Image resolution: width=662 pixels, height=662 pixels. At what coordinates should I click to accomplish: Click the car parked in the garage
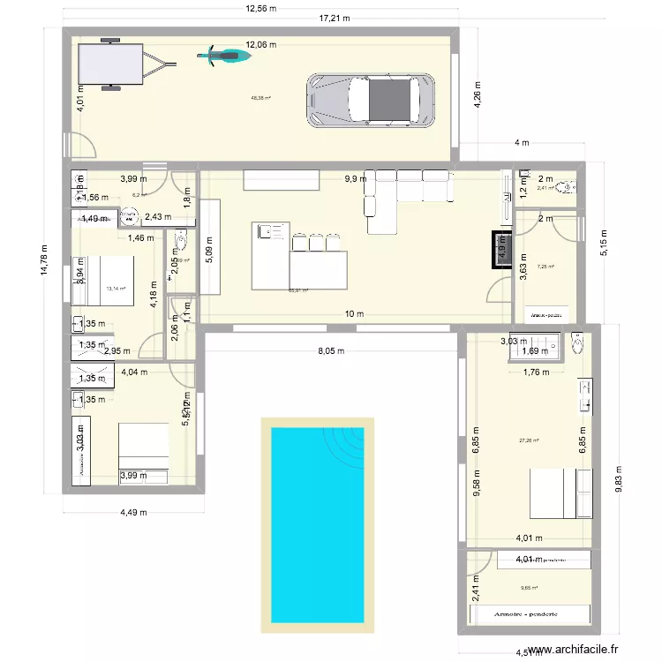pyautogui.click(x=371, y=99)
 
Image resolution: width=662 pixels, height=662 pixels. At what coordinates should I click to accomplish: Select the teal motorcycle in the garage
pyautogui.click(x=222, y=56)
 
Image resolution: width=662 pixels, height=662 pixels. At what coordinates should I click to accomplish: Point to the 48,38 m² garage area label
pyautogui.click(x=261, y=99)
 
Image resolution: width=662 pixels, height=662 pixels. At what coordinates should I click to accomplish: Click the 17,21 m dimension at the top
pyautogui.click(x=335, y=18)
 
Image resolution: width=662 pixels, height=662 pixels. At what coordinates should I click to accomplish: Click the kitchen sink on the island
pyautogui.click(x=266, y=232)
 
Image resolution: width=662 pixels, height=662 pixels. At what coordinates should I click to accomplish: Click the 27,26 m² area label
pyautogui.click(x=529, y=441)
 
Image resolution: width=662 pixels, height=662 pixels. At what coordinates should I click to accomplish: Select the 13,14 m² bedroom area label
pyautogui.click(x=115, y=288)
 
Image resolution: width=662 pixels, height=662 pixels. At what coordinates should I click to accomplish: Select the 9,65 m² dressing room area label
pyautogui.click(x=529, y=587)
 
